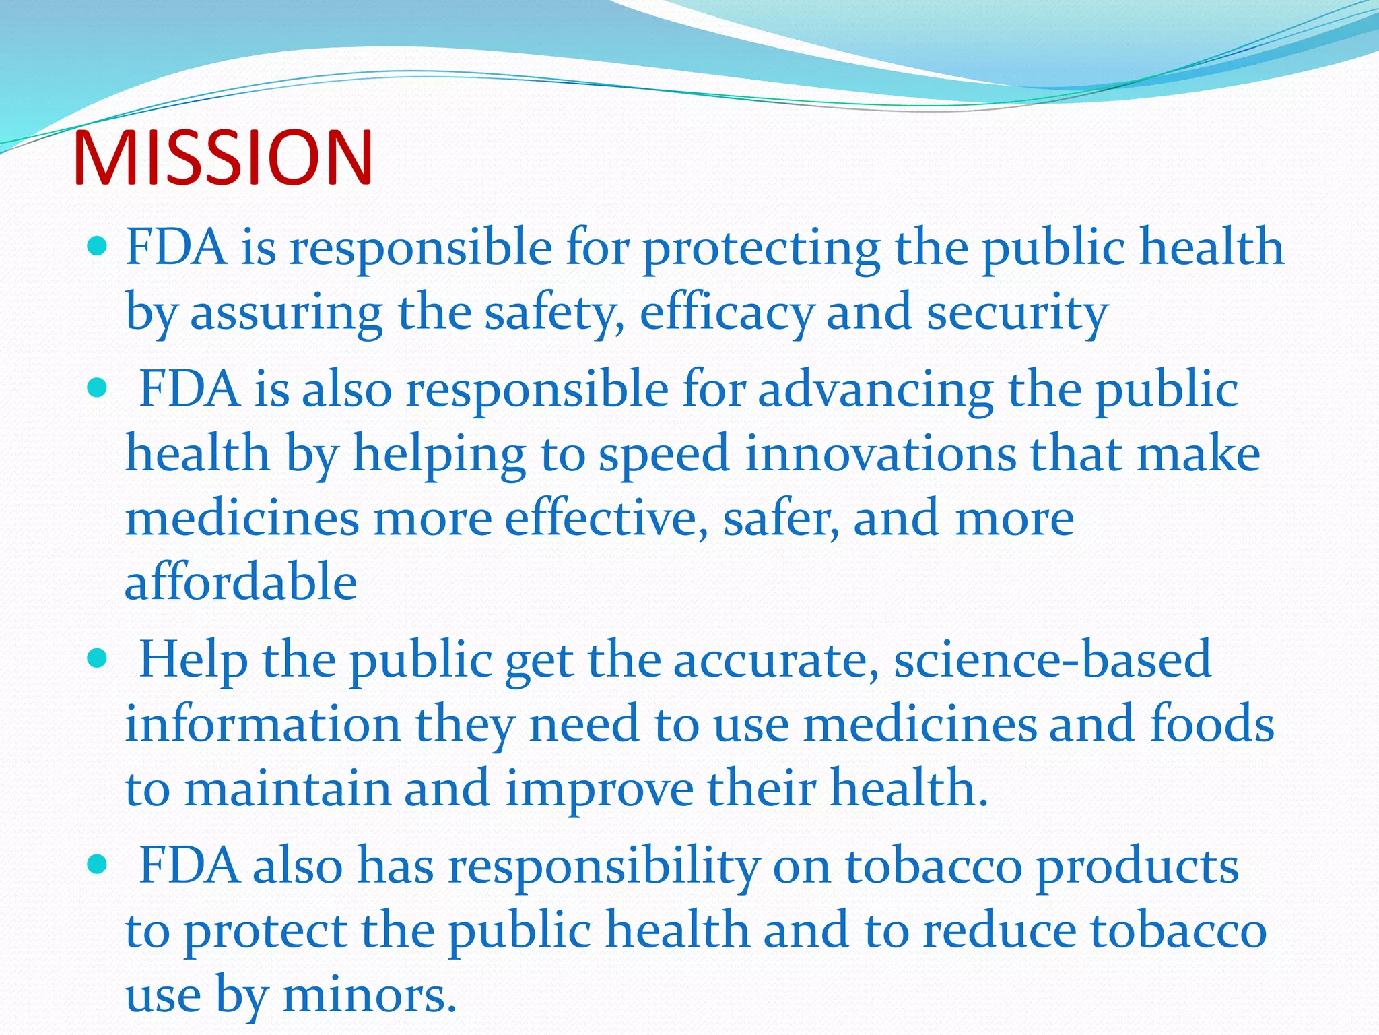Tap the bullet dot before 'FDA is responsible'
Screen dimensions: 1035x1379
(98, 247)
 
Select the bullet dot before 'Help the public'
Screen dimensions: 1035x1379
(98, 658)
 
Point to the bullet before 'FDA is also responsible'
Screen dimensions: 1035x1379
(98, 388)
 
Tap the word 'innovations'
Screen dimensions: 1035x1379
(880, 453)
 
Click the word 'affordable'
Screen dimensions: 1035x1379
(240, 581)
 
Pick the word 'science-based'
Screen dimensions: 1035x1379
(1052, 658)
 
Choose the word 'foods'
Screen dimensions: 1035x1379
(1212, 723)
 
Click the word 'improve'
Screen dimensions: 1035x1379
(599, 788)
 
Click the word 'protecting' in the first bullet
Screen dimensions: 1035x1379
(761, 247)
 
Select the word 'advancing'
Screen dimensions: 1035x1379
(875, 389)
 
